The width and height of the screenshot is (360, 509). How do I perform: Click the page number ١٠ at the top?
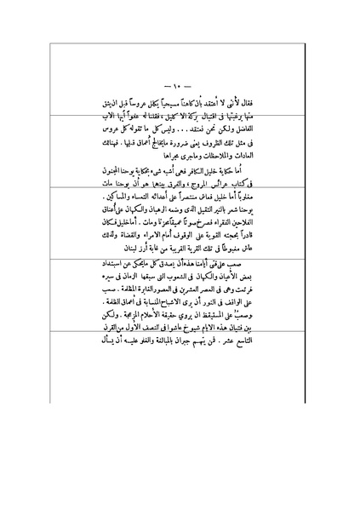tap(180, 87)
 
